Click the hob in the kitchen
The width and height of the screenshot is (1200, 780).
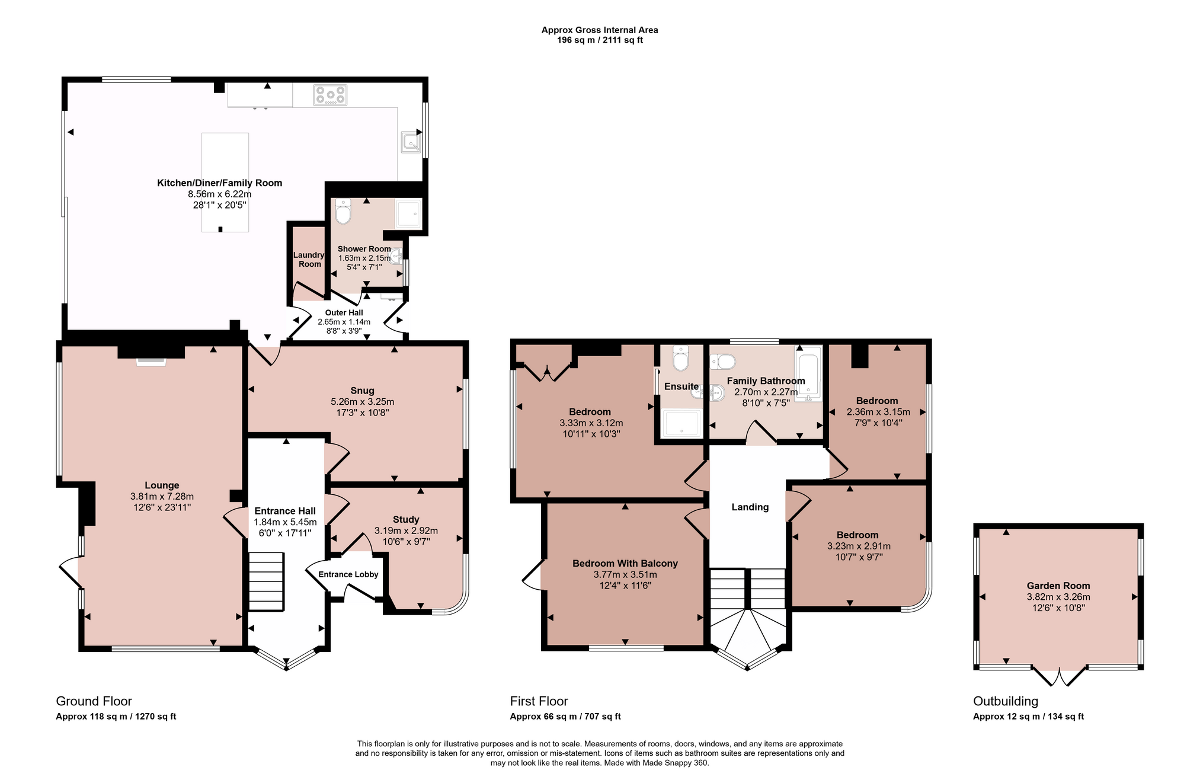point(330,95)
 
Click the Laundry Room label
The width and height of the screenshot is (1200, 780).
point(309,260)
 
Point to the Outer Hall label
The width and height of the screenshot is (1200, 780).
point(344,312)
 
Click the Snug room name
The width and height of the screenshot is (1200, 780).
point(362,391)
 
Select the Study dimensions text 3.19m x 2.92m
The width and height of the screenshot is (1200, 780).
point(406,530)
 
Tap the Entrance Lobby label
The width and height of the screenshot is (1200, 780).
point(348,574)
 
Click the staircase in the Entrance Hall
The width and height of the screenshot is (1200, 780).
point(265,581)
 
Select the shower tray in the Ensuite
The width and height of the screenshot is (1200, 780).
point(682,423)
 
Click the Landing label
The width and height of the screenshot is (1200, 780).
point(750,507)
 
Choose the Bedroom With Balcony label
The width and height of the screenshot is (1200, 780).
point(625,563)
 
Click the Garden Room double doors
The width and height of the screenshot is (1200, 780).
point(1059,676)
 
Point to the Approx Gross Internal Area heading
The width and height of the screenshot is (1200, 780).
point(600,30)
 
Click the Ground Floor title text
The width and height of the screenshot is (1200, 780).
point(94,701)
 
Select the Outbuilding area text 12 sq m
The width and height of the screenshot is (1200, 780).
point(1028,717)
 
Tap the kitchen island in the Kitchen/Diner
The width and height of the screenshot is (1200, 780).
point(225,182)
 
